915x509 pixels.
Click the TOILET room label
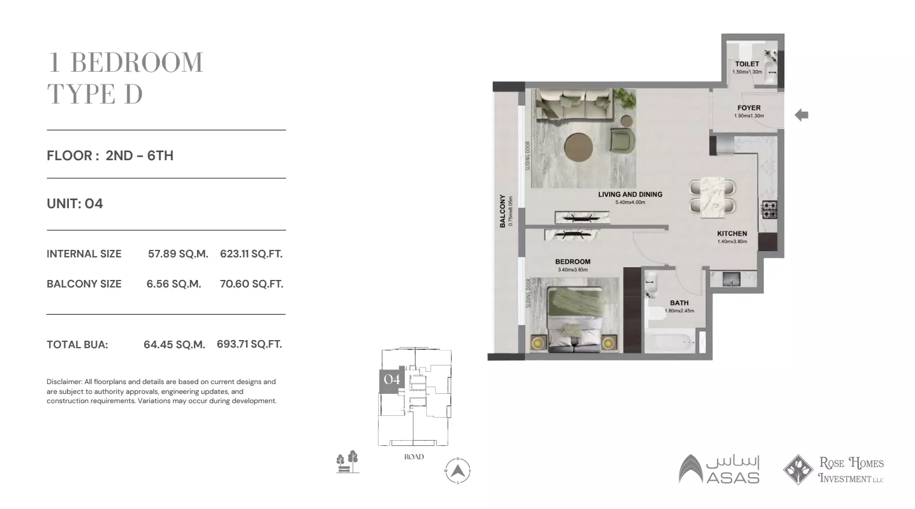point(746,64)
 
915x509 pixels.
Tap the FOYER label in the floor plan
point(749,108)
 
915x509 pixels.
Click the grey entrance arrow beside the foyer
point(801,115)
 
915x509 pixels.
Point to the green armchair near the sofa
point(623,141)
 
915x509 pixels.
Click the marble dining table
point(712,197)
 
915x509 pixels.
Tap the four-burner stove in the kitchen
point(769,209)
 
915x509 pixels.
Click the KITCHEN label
point(732,234)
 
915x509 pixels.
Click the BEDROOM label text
point(572,262)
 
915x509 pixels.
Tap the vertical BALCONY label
point(503,211)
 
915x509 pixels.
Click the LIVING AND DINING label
point(630,195)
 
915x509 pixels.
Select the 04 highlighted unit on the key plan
point(392,380)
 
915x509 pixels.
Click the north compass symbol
point(457,471)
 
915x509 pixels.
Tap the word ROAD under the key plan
point(414,457)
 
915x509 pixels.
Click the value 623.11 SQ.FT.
point(251,254)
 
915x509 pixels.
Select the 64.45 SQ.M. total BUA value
point(174,345)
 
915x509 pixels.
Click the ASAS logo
point(719,469)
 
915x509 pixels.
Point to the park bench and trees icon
point(347,462)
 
